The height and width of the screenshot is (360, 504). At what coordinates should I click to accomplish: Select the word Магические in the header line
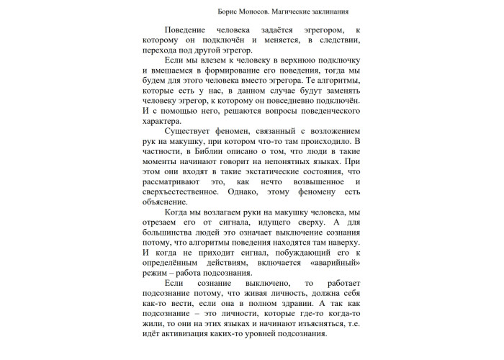(x=286, y=12)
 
